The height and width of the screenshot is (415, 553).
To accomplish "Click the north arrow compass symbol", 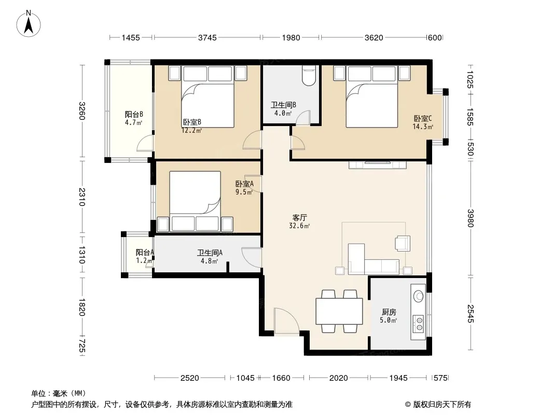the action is click(x=29, y=24).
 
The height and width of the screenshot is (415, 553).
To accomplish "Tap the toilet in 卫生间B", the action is click(x=309, y=76).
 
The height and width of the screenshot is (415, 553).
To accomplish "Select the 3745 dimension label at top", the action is click(x=208, y=37).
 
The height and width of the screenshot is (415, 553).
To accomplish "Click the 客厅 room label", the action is click(x=299, y=217).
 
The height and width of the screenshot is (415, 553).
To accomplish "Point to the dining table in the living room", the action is click(x=339, y=311).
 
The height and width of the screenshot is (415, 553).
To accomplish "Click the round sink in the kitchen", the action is click(x=419, y=296).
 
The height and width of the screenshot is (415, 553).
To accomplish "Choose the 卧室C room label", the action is click(x=422, y=118).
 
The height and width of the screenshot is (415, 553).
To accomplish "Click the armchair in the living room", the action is click(x=403, y=243).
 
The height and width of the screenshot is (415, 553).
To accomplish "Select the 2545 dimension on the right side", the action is click(x=471, y=313).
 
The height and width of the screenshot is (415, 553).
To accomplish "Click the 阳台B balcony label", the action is click(x=134, y=114).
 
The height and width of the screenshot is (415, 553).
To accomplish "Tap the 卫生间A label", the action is click(x=210, y=253).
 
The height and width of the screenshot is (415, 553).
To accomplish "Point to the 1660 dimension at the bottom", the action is click(x=281, y=378).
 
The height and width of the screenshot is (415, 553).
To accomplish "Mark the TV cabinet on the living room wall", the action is click(x=377, y=164).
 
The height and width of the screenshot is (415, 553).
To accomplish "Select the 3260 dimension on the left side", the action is click(x=82, y=110).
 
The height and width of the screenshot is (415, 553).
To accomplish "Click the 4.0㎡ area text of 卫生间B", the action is click(x=283, y=113).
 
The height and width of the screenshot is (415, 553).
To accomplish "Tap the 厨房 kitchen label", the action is click(x=389, y=312).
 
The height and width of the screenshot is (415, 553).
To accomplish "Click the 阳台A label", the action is click(x=145, y=253).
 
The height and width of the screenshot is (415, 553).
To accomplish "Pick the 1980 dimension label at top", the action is click(x=291, y=37).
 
